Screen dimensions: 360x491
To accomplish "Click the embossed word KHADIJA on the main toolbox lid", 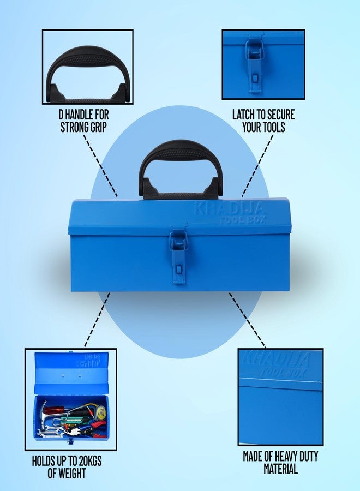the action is click(229, 208).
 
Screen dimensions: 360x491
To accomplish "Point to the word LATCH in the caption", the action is click(244, 115).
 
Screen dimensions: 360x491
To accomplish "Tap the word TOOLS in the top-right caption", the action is click(272, 127).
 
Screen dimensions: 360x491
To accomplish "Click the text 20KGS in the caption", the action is click(88, 460).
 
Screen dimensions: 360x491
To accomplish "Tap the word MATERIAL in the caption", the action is click(280, 469).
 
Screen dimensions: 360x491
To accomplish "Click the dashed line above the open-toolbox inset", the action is click(97, 319).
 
